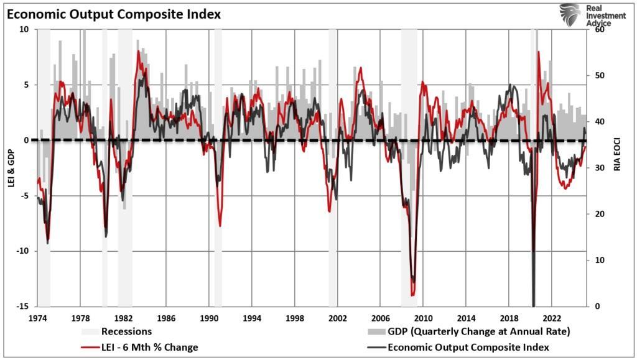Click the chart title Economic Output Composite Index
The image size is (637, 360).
coord(114,14)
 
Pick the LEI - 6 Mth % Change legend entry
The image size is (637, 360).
coord(144,347)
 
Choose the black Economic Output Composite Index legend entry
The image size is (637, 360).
coord(468,347)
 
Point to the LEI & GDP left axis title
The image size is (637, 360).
coord(10,168)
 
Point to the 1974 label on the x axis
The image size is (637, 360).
coord(37,317)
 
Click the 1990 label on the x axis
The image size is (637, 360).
coord(208,317)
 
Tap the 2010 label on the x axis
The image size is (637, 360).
coord(423,317)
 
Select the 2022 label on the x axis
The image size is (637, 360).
coord(552,317)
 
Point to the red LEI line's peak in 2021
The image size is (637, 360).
coord(539,52)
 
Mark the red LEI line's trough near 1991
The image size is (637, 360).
coord(220,226)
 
